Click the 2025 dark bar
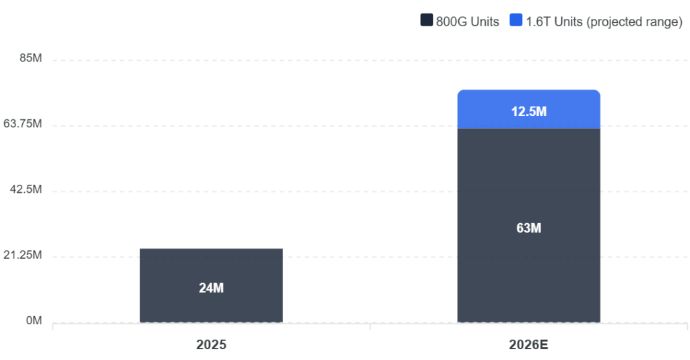click(211, 286)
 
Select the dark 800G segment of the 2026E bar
click(528, 225)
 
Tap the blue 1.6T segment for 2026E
click(528, 109)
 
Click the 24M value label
click(211, 288)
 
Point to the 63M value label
click(528, 228)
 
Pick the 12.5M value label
click(528, 111)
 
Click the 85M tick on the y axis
click(31, 58)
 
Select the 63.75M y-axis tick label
click(23, 123)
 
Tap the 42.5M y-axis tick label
click(26, 189)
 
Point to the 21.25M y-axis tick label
click(23, 255)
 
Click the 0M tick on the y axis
click(34, 320)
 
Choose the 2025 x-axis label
click(211, 344)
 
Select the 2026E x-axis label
click(528, 344)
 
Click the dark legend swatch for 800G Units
click(427, 20)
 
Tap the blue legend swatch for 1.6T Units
click(515, 20)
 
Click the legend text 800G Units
click(468, 22)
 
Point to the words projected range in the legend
click(635, 22)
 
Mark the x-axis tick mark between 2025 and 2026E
click(370, 326)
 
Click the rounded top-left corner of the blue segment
click(459, 91)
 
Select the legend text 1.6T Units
click(554, 22)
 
